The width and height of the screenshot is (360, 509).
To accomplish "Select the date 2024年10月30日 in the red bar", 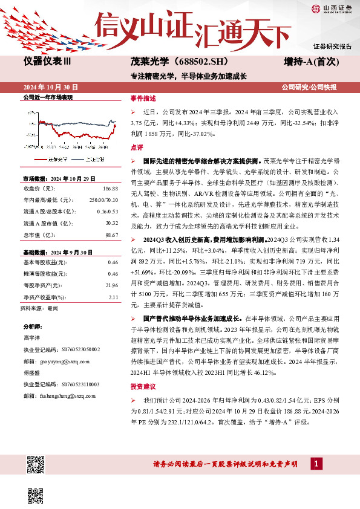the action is [55, 86].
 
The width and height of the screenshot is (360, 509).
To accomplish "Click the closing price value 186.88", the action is [110, 188].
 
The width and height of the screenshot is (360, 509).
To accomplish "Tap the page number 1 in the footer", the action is [315, 464].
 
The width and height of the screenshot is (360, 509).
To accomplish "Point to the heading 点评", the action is [137, 148].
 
